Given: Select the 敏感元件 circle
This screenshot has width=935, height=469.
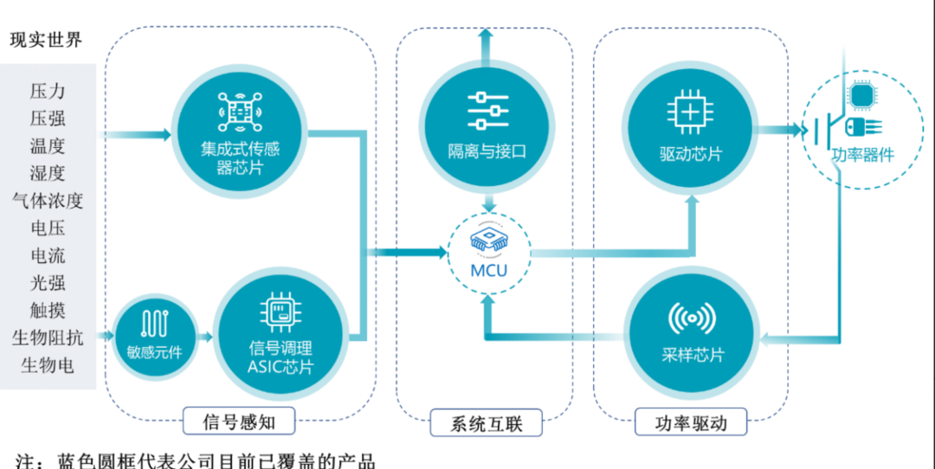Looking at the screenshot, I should (156, 337).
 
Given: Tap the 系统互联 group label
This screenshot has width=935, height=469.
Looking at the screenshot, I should (487, 423).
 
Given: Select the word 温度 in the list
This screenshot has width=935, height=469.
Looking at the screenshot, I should (48, 146).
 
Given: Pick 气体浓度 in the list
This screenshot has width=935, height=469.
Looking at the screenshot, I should (48, 201).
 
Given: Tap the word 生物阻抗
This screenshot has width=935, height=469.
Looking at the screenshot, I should (48, 337).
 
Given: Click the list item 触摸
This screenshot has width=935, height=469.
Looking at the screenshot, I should (48, 310).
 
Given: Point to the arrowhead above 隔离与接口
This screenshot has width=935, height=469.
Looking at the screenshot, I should (487, 35).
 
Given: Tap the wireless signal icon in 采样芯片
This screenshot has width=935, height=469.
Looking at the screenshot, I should (691, 319).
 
